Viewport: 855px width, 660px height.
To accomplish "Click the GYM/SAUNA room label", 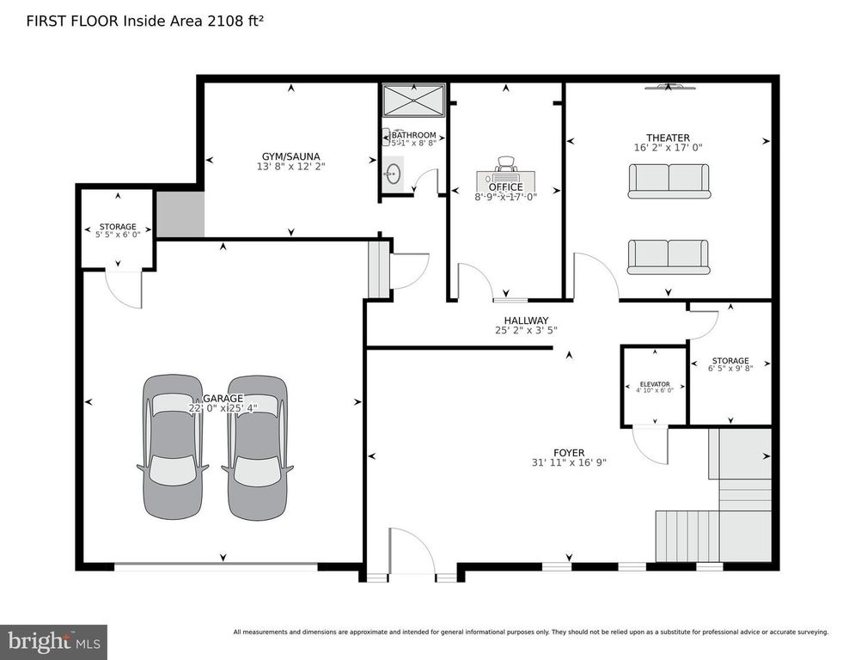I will click(x=291, y=156).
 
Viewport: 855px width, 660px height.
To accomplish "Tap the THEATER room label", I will click(x=668, y=137).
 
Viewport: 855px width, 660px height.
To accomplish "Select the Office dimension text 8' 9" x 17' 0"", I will click(x=505, y=197).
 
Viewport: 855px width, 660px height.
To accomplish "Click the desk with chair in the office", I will click(x=505, y=175).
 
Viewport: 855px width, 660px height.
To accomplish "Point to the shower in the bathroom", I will click(x=413, y=100).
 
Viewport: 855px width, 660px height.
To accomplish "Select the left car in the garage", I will click(x=173, y=446).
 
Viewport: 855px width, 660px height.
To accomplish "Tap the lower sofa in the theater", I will click(x=668, y=256).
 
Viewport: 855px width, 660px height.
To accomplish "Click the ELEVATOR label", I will click(x=653, y=384).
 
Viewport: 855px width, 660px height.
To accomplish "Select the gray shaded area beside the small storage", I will click(x=180, y=214).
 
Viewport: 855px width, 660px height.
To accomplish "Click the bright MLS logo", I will click(x=53, y=641).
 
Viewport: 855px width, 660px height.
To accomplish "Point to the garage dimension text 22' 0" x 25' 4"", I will click(x=223, y=409).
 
